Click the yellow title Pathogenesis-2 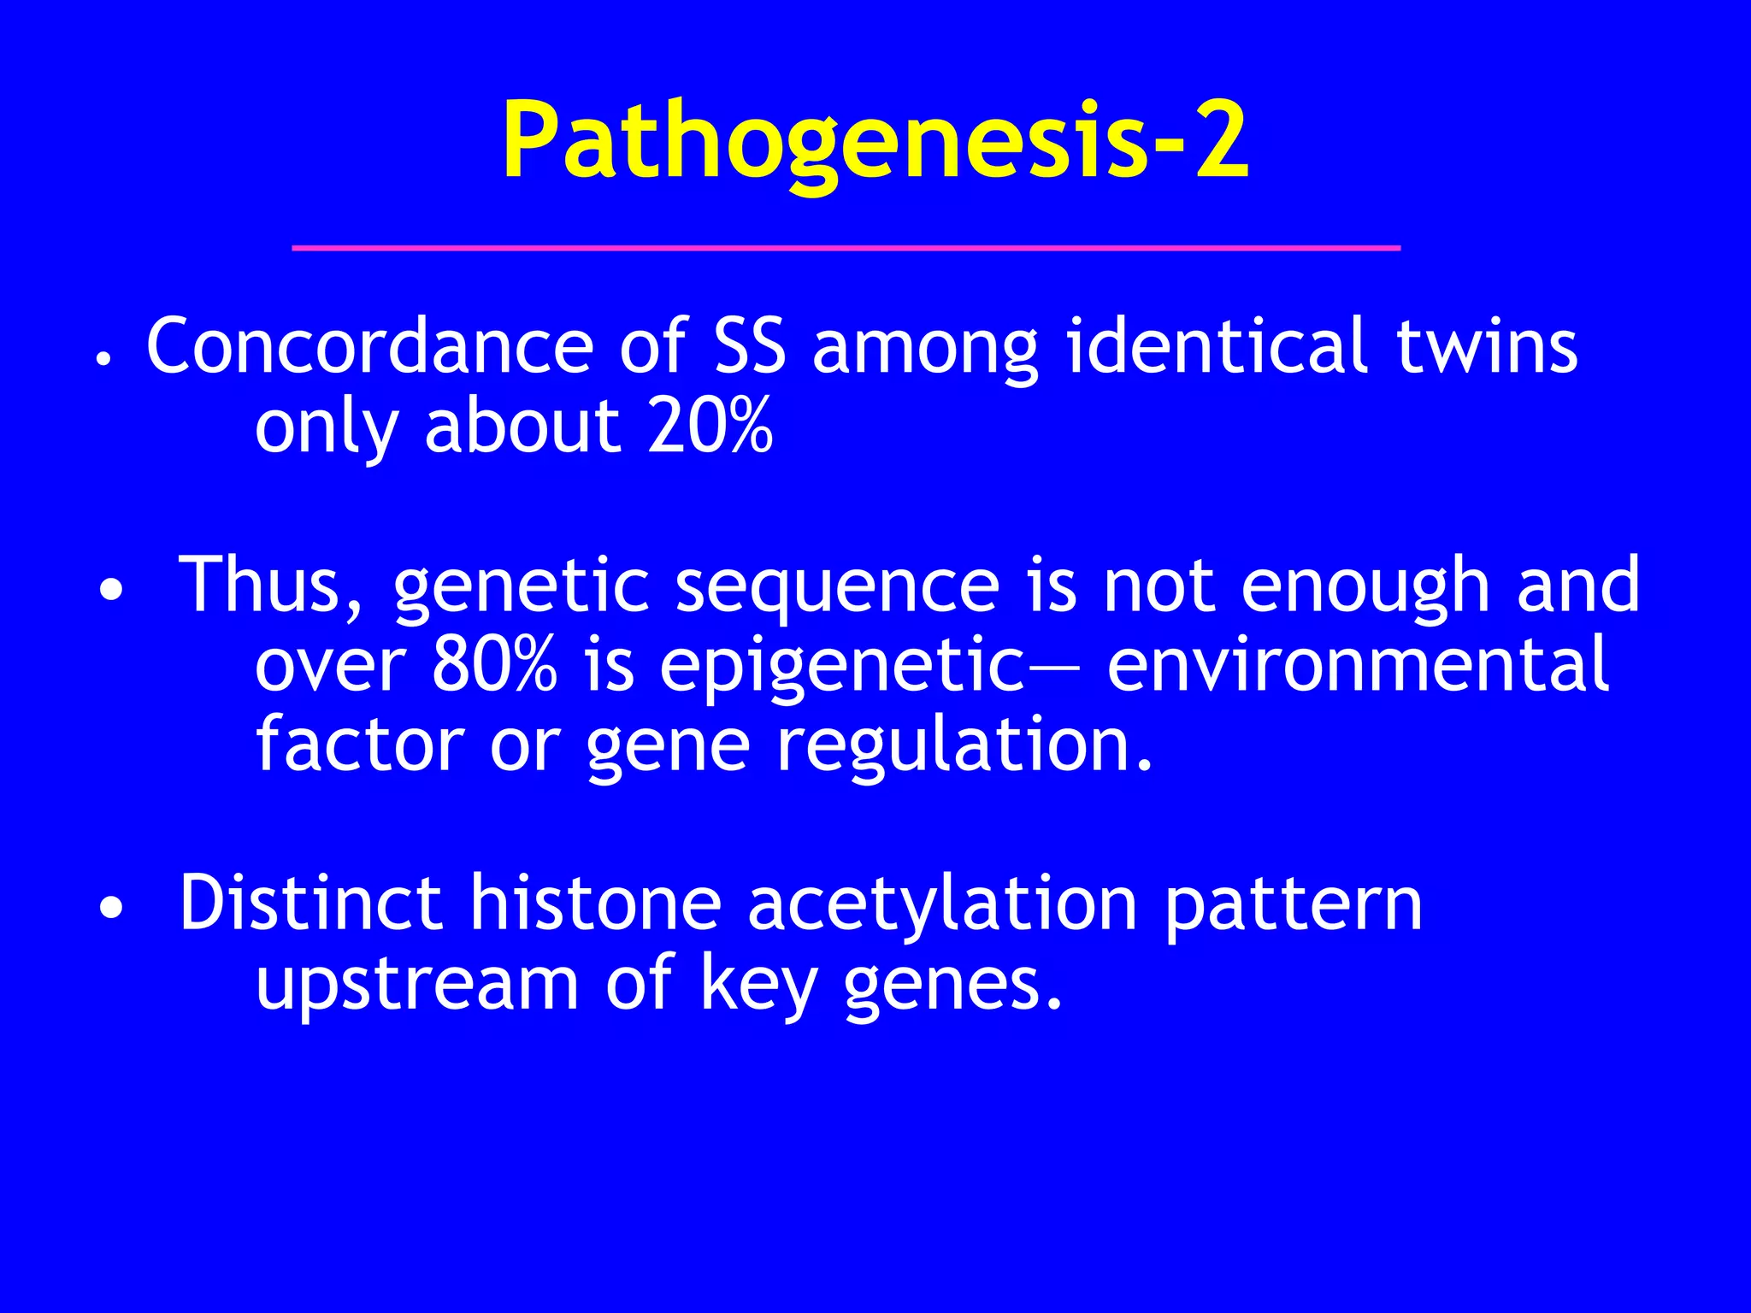(x=875, y=141)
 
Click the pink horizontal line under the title (x=846, y=248)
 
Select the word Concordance (x=369, y=346)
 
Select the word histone (x=595, y=904)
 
